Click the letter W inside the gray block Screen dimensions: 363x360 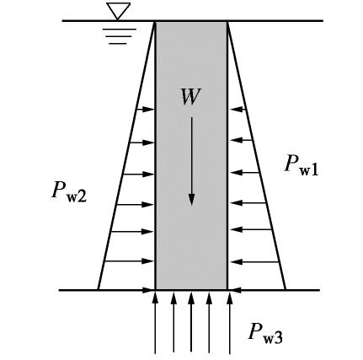[x=191, y=97]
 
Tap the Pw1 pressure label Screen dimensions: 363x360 [x=302, y=165]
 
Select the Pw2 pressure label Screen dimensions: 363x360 [x=69, y=192]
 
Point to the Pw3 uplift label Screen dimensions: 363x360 [x=265, y=333]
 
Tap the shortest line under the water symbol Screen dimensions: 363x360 [x=118, y=44]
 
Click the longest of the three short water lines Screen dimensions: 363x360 [x=120, y=29]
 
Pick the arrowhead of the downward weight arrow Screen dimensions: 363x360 [x=191, y=200]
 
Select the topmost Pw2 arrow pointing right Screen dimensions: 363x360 [x=146, y=110]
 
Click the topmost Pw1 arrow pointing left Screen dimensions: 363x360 [x=238, y=109]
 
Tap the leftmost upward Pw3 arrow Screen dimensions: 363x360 [x=155, y=323]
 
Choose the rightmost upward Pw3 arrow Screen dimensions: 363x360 [x=230, y=323]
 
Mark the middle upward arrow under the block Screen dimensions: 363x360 [x=191, y=322]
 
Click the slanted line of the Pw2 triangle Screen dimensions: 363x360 [x=126, y=155]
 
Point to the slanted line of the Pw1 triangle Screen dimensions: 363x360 [x=257, y=155]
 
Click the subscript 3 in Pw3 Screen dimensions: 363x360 [x=279, y=337]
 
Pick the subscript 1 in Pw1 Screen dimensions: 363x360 [x=314, y=169]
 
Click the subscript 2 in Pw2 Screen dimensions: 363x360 [x=82, y=196]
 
